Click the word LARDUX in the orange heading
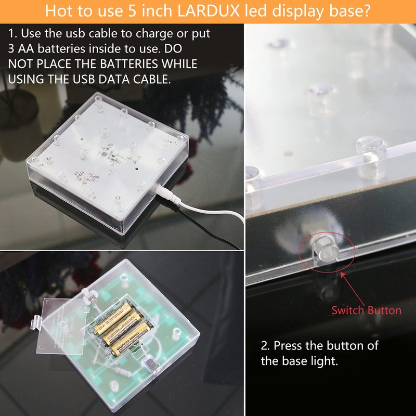click(208, 10)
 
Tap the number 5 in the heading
click(132, 11)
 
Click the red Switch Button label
click(367, 310)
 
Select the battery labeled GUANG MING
click(131, 339)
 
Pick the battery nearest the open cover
click(112, 318)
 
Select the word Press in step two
click(288, 345)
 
